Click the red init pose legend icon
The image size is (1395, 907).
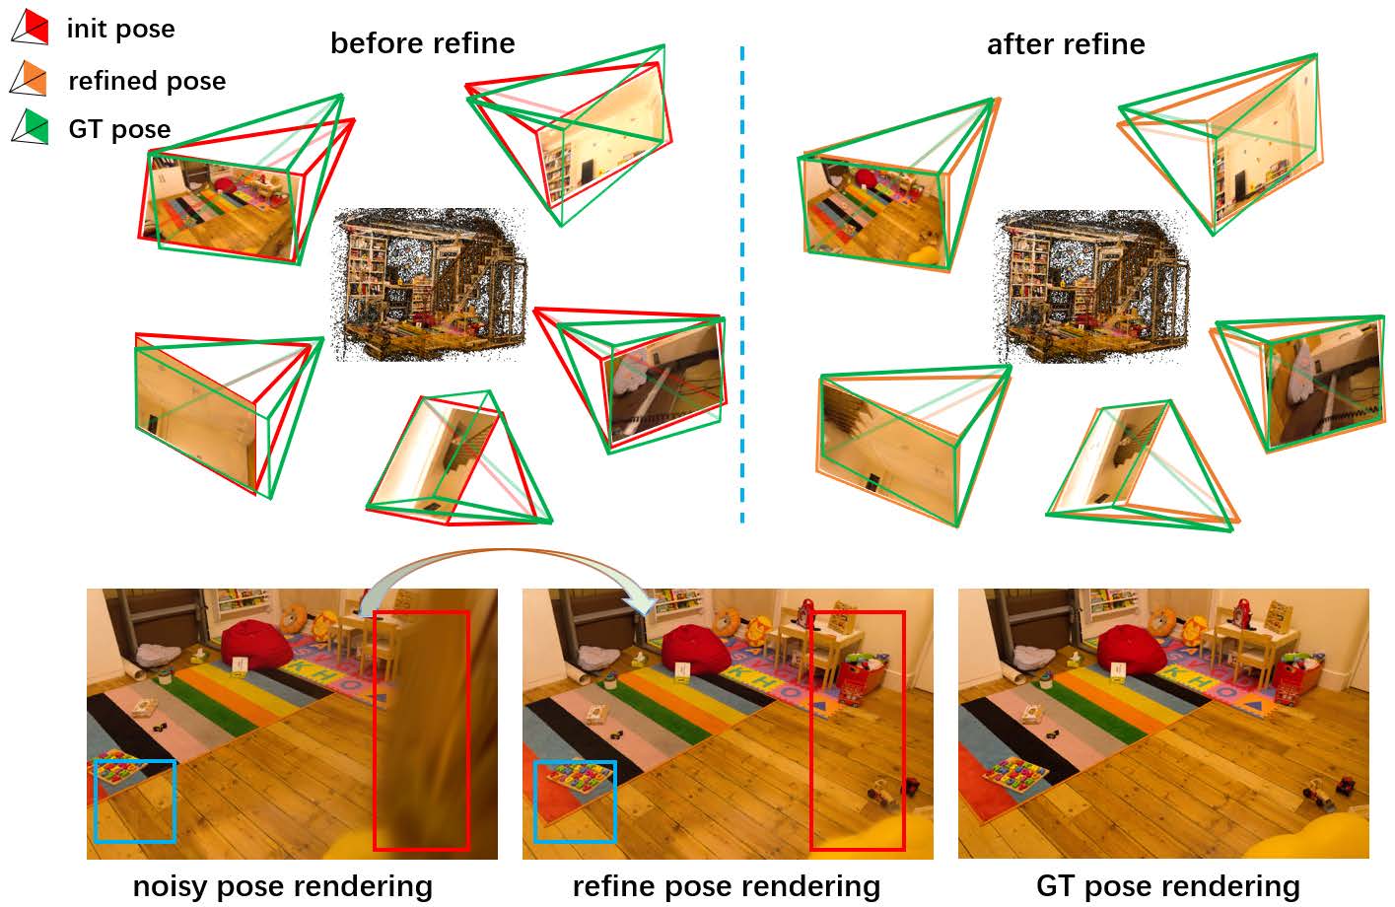[x=30, y=27]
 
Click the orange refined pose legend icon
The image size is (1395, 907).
[x=30, y=79]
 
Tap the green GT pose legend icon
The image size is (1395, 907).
[x=30, y=127]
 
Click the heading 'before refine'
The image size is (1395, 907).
[x=422, y=43]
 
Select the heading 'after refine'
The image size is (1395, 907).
[x=1066, y=44]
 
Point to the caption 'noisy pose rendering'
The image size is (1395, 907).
[x=282, y=886]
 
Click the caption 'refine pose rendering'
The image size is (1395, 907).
[x=726, y=886]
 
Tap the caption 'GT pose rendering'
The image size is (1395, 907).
[x=1167, y=886]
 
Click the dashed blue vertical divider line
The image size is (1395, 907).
[x=741, y=296]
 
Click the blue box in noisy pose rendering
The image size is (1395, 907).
[x=135, y=801]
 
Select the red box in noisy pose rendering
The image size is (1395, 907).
[x=421, y=730]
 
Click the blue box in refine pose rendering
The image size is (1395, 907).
[x=575, y=801]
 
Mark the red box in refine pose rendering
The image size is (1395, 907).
[x=857, y=730]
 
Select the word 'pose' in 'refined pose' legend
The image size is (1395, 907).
[x=194, y=81]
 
